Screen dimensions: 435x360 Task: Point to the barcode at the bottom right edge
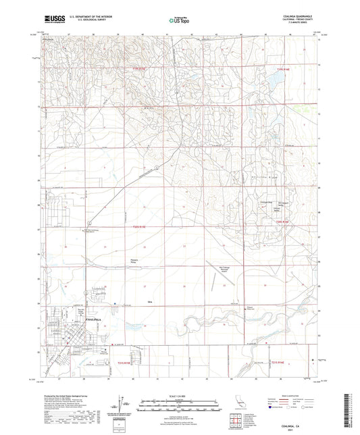[x=353, y=412]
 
